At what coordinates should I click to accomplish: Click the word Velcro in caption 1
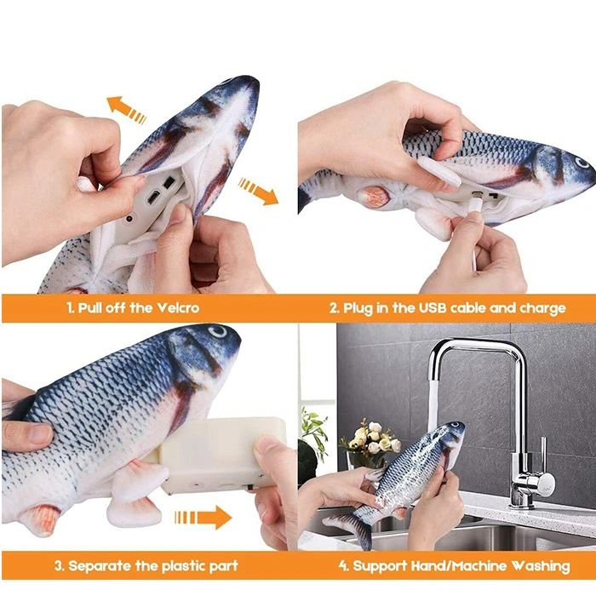click(178, 307)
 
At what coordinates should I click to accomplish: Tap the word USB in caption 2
click(433, 308)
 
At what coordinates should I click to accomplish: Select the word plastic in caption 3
click(186, 566)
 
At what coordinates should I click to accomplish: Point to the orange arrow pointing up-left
click(126, 110)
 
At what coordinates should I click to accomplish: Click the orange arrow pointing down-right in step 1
click(259, 192)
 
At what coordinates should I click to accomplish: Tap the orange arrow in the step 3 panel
click(203, 518)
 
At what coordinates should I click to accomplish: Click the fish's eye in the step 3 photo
click(218, 331)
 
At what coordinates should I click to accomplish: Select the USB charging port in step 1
click(152, 198)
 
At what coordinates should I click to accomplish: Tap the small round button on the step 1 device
click(129, 220)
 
